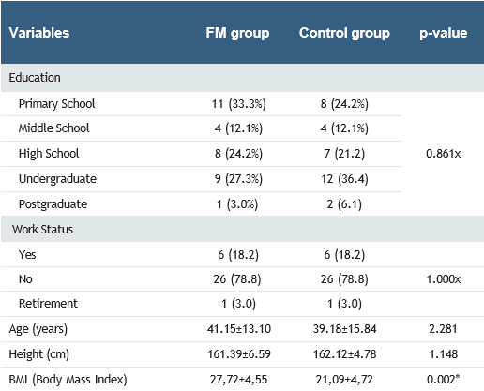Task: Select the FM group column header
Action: click(x=238, y=33)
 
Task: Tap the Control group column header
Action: click(x=344, y=33)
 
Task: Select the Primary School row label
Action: click(x=56, y=103)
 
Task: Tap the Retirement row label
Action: click(x=50, y=304)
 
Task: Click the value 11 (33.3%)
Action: click(x=238, y=103)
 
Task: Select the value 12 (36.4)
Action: click(x=344, y=178)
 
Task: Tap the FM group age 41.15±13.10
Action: click(x=238, y=328)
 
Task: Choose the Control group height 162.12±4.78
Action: click(x=344, y=353)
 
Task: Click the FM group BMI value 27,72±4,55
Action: click(x=238, y=379)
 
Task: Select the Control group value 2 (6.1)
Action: click(x=344, y=203)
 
